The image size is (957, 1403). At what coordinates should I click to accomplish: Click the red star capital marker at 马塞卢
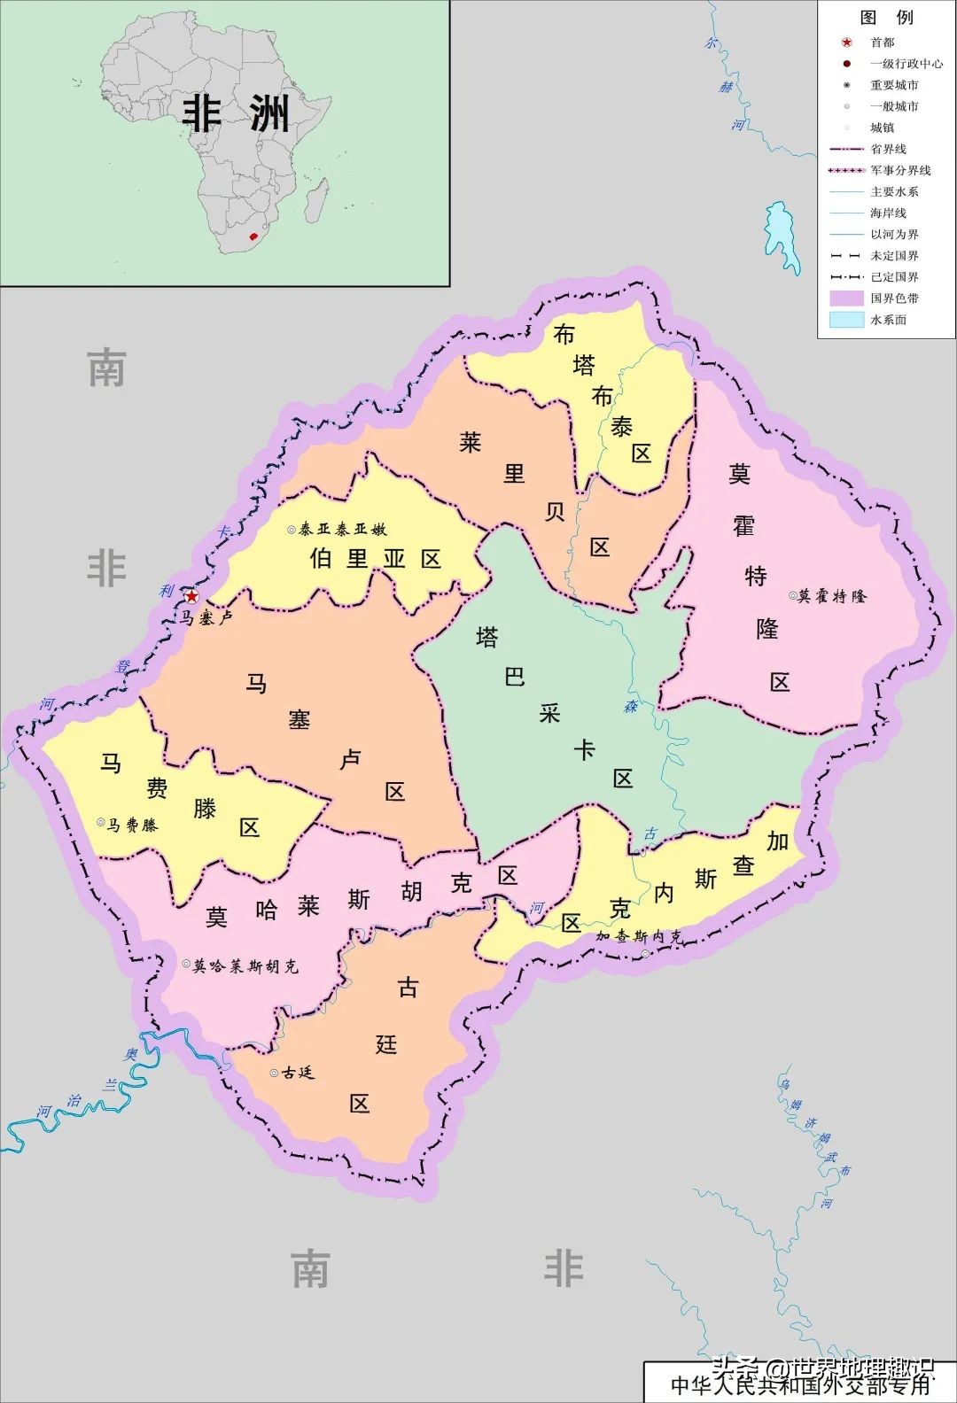(191, 597)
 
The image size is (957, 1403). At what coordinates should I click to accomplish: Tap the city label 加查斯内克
(639, 936)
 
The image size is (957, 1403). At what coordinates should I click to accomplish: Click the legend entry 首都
(882, 43)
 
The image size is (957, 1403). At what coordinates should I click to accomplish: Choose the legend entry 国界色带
(894, 298)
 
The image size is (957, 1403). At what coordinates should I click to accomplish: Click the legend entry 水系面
(888, 320)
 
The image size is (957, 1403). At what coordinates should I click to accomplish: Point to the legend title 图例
(885, 18)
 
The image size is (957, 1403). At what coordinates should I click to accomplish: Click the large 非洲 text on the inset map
(236, 113)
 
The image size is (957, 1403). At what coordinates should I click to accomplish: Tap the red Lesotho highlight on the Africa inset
(253, 237)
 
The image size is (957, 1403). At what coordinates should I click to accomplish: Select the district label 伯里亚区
(375, 559)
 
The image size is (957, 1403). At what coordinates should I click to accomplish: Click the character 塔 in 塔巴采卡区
(486, 637)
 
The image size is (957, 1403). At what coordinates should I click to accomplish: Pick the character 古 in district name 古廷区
(408, 988)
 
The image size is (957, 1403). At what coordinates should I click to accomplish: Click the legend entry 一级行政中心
(906, 64)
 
